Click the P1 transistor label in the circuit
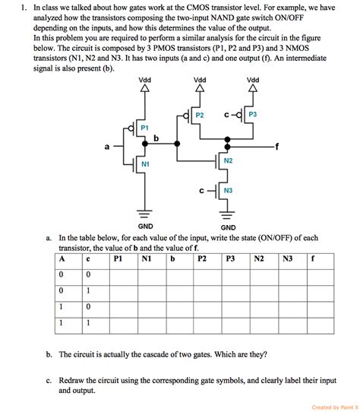(145, 128)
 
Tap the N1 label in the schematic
(145, 164)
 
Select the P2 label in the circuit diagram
(200, 115)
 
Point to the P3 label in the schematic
(253, 115)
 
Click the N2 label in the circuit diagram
(228, 161)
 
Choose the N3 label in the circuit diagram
(228, 190)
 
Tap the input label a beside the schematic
(107, 146)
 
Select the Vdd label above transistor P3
(253, 80)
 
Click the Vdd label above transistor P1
(144, 80)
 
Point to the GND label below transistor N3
(228, 226)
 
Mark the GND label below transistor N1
(145, 226)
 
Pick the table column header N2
(259, 258)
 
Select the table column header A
(62, 258)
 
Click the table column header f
(313, 258)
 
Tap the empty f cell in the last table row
(320, 322)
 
